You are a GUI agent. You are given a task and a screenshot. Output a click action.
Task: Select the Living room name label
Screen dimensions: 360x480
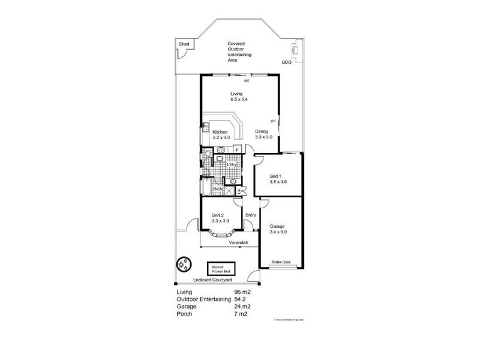236,94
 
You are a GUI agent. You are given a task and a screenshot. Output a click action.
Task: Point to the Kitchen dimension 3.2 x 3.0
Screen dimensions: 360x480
221,137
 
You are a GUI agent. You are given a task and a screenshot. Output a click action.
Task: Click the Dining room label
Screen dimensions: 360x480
262,131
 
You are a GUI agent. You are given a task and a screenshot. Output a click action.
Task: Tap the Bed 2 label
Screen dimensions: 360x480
218,215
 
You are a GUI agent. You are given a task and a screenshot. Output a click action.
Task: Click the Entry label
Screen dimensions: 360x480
251,215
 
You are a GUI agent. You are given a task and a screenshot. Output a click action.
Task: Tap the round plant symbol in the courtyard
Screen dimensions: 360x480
183,264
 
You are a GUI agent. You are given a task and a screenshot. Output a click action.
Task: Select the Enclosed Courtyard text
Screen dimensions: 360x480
213,280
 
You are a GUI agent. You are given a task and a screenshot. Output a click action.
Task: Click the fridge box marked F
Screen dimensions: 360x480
237,149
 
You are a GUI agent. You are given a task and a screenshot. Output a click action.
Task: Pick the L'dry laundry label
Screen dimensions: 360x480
231,164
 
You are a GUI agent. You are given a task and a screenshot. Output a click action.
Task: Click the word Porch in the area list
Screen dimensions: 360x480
184,313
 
